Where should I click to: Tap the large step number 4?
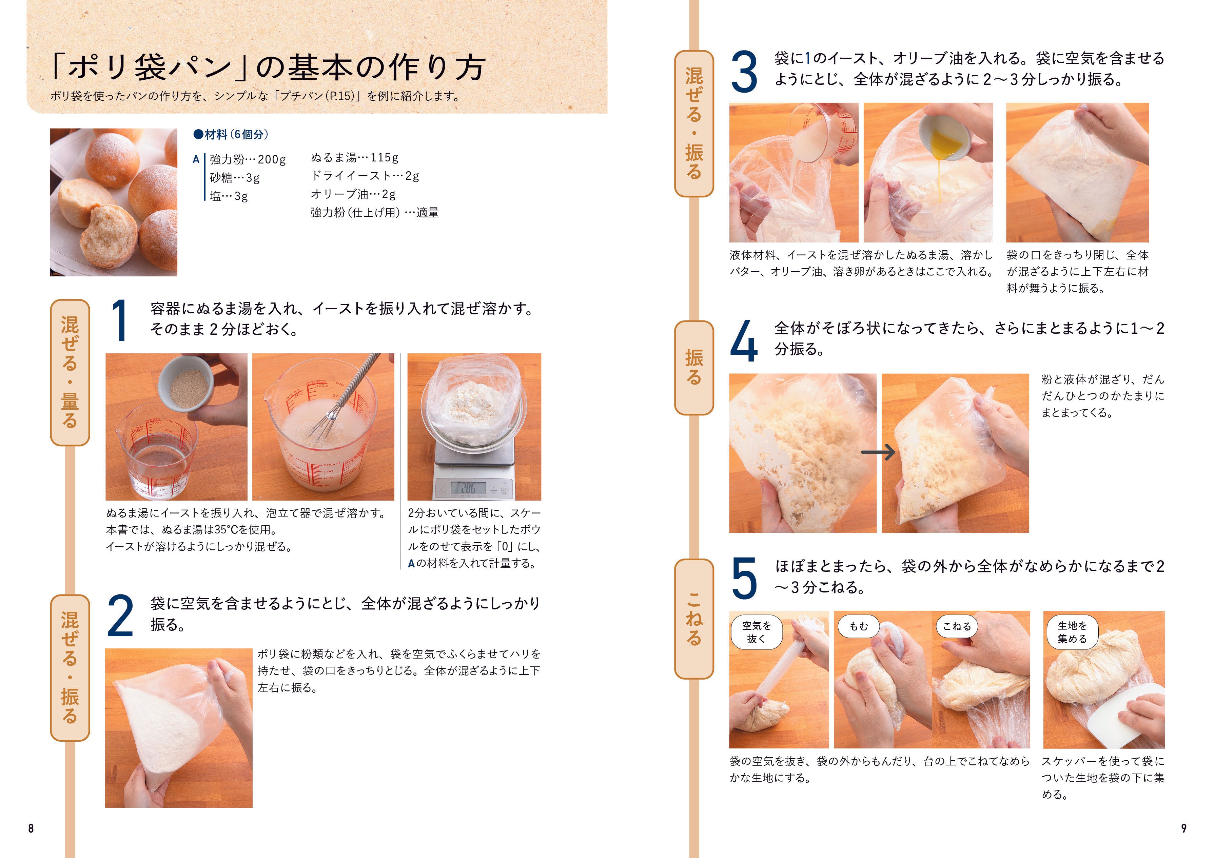click(744, 340)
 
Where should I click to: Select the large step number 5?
click(744, 578)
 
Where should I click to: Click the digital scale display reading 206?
click(469, 488)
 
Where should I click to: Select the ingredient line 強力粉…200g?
click(248, 159)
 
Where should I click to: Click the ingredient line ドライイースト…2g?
click(365, 176)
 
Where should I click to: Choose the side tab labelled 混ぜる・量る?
click(70, 372)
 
